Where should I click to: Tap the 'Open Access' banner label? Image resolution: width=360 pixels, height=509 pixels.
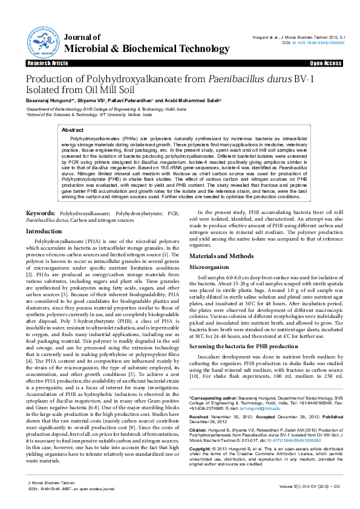[327, 63]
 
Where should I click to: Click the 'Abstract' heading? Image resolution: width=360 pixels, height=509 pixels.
[73, 130]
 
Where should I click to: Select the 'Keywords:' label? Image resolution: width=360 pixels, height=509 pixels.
[41, 213]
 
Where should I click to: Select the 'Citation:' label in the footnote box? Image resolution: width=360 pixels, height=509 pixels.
[199, 430]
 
